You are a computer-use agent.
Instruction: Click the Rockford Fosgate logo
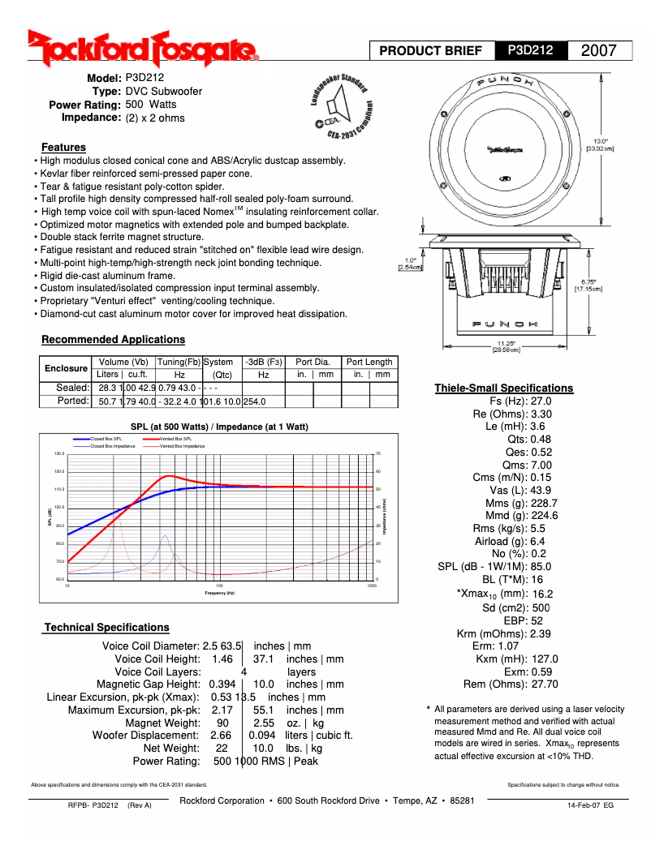click(x=143, y=49)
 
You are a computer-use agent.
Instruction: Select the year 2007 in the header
click(x=599, y=50)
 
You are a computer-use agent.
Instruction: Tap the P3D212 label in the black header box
click(x=531, y=50)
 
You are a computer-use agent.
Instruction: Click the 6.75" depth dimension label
click(x=588, y=284)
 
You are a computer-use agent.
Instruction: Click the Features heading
click(x=63, y=148)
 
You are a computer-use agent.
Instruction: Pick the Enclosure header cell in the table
click(x=66, y=368)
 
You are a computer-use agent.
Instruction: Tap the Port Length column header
click(x=369, y=362)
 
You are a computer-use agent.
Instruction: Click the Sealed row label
click(x=72, y=388)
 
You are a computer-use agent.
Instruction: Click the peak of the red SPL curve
click(x=169, y=476)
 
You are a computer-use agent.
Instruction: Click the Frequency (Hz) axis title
click(x=219, y=593)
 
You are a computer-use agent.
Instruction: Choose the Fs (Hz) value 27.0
click(x=541, y=401)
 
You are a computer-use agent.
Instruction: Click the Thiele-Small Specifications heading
click(x=503, y=388)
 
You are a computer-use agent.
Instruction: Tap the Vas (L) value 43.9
click(x=541, y=490)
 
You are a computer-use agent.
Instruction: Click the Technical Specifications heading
click(x=106, y=627)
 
